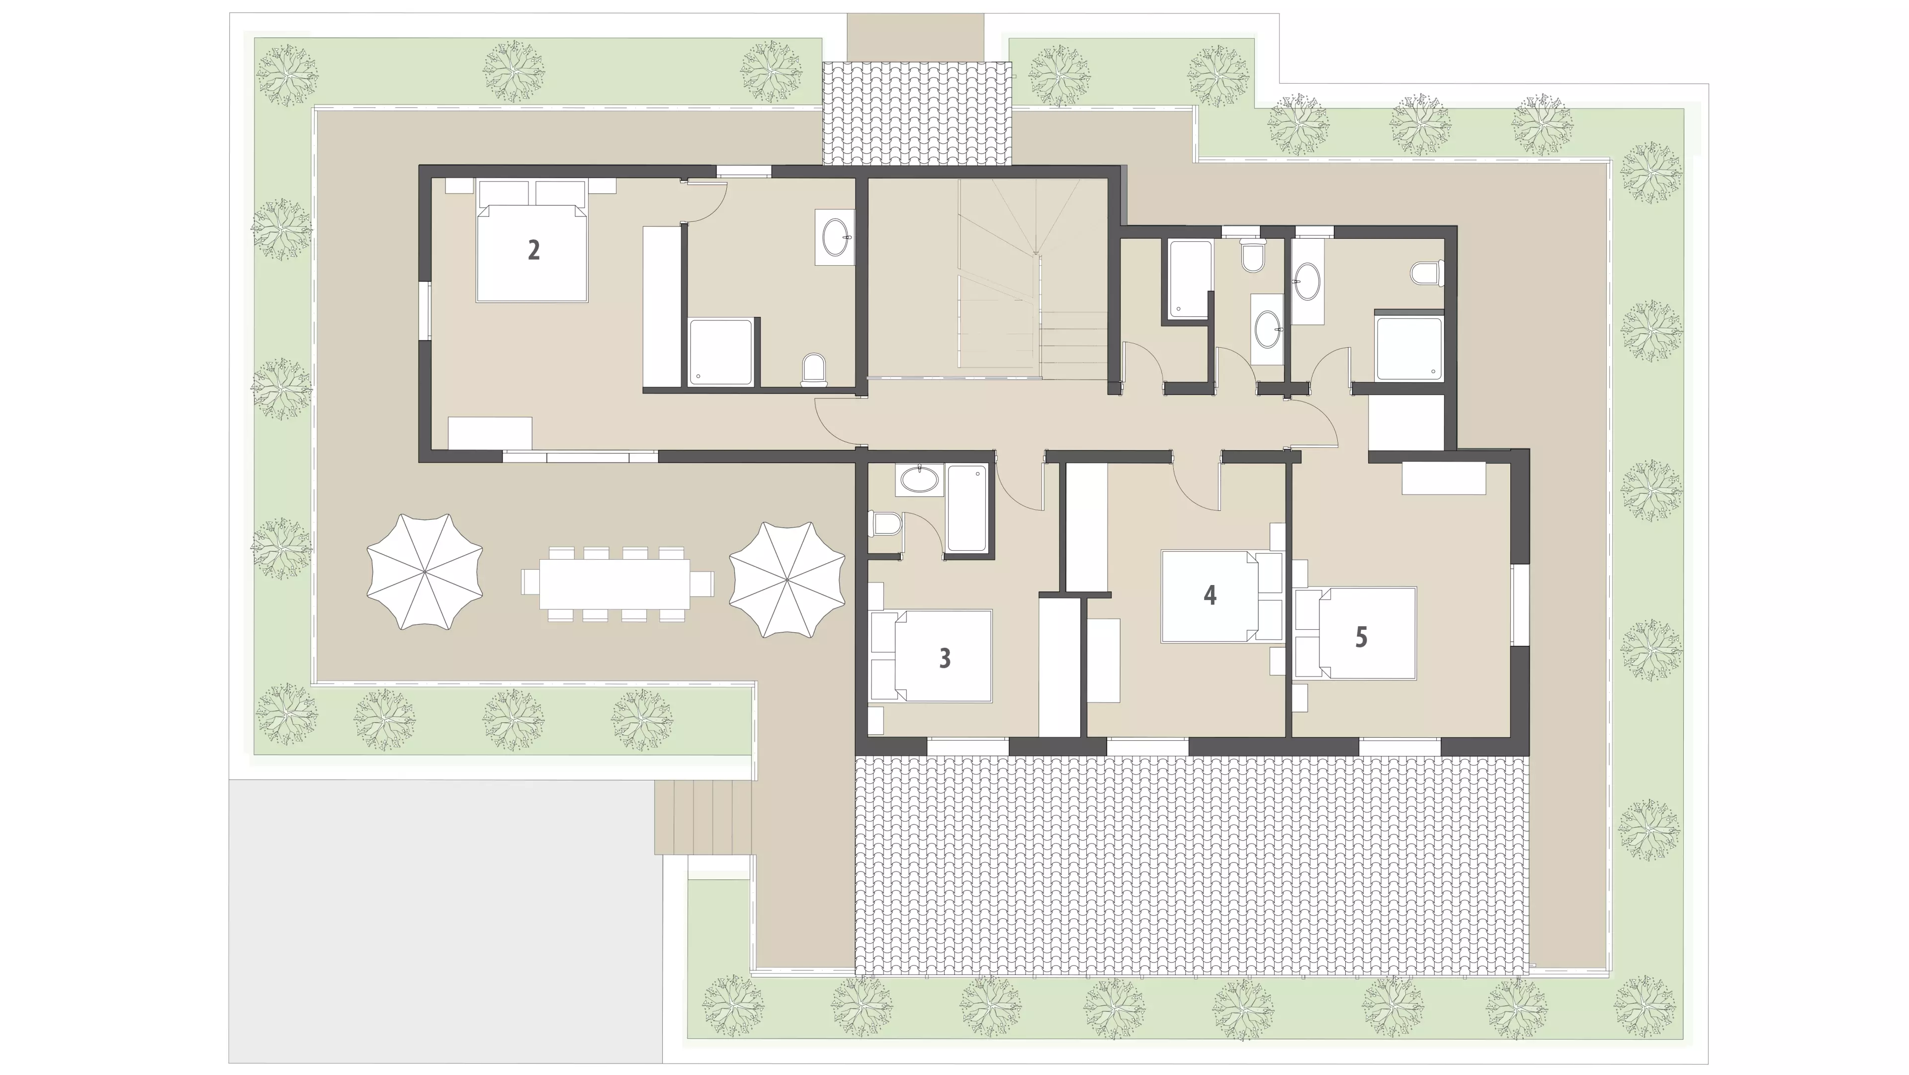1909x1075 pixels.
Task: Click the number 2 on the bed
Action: (533, 251)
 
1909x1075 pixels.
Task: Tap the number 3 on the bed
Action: (945, 658)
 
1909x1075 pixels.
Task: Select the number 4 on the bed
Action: (1210, 594)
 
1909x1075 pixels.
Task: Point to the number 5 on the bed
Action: (1361, 637)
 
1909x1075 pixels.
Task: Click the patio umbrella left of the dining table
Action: (425, 572)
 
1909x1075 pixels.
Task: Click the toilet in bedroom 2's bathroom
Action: (814, 370)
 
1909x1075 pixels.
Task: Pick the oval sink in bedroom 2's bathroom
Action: (835, 236)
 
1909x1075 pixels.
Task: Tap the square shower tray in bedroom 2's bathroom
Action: (721, 352)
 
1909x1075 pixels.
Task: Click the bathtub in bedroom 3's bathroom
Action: (966, 508)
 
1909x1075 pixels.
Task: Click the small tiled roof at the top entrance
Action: (917, 113)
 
